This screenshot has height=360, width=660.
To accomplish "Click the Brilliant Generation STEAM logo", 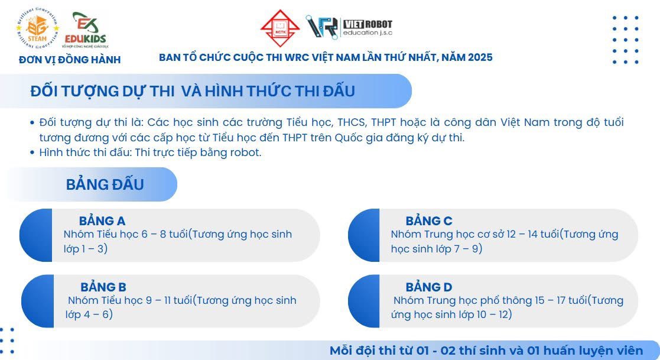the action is [x=37, y=28].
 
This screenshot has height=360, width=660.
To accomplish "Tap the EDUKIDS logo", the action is [x=86, y=30].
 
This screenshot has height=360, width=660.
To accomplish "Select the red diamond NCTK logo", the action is [x=280, y=28].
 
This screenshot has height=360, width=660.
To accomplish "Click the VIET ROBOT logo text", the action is [x=368, y=28].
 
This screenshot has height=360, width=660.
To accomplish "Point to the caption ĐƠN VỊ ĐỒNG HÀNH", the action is [x=70, y=60].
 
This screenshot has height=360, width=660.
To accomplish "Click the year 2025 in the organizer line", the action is [x=479, y=57].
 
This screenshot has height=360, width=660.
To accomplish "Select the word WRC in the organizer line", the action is [x=297, y=57].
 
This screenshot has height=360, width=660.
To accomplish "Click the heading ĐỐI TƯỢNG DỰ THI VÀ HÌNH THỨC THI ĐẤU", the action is [x=193, y=91].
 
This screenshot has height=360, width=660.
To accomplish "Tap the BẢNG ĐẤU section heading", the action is [x=105, y=184].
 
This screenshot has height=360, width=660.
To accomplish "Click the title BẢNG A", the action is [x=102, y=220].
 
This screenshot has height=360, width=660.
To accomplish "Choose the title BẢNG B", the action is [x=103, y=287].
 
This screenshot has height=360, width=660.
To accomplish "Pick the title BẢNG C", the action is [x=429, y=220].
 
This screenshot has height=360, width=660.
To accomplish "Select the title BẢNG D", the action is [x=429, y=287].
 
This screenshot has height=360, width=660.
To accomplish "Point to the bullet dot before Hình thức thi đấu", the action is [x=32, y=153].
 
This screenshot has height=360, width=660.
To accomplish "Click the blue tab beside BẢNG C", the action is [x=364, y=235].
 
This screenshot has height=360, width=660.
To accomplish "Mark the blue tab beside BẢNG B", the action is [x=37, y=301].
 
